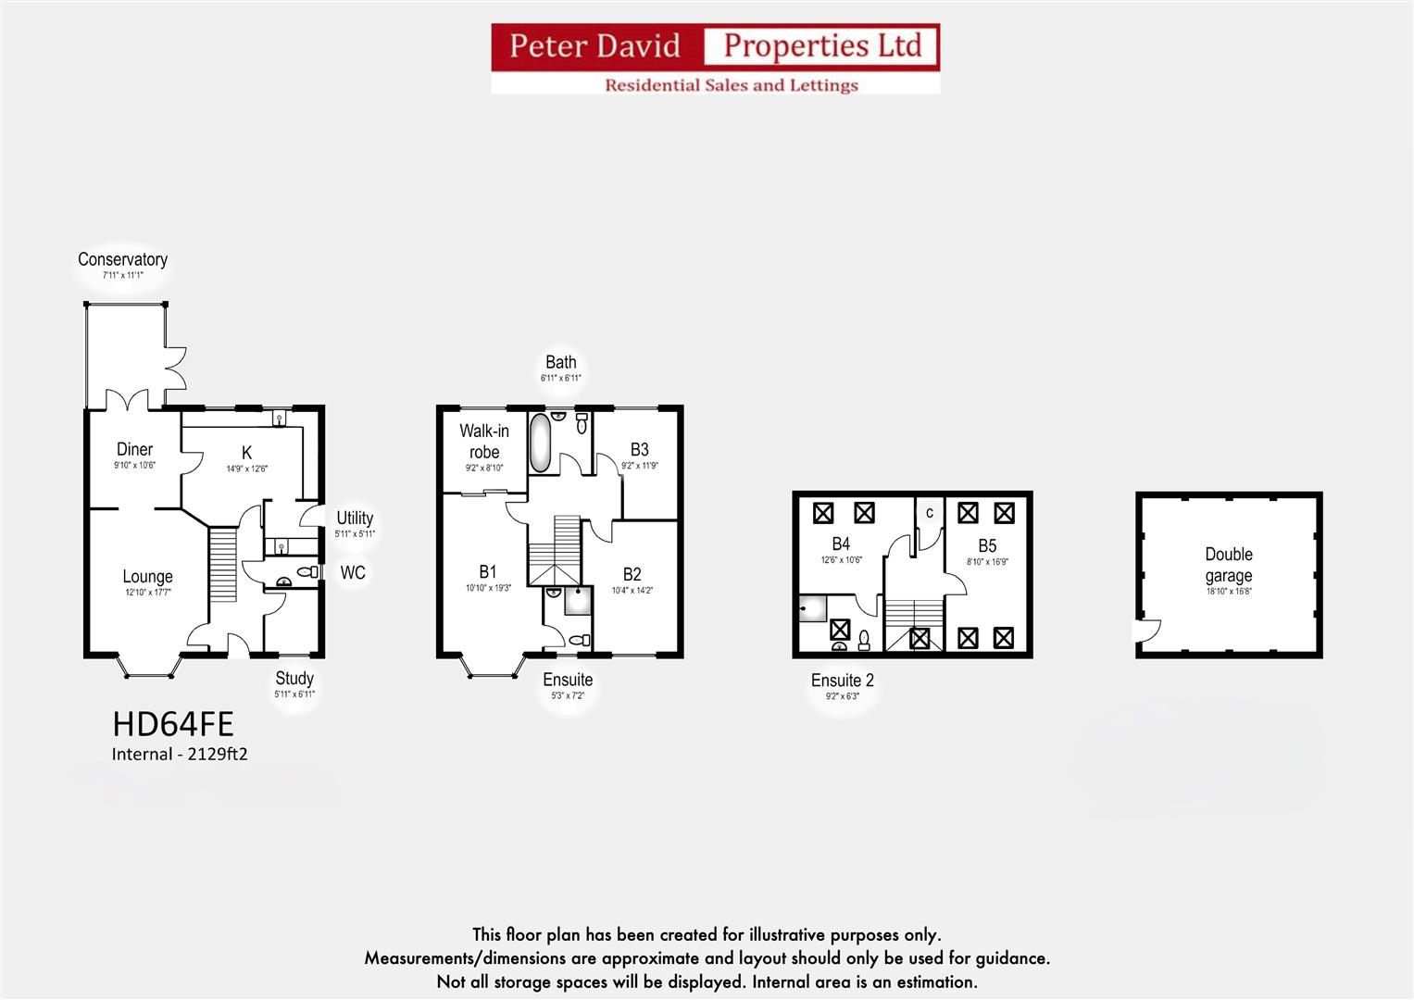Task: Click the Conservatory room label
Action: (122, 259)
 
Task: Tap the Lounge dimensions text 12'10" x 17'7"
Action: (148, 593)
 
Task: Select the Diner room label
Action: (134, 449)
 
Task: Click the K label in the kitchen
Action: (246, 452)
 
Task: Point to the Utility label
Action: (355, 519)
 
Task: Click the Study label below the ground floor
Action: (294, 679)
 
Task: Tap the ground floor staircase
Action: (223, 565)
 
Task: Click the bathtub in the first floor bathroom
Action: (540, 444)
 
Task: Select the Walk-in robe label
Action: (484, 442)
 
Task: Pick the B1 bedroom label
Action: (488, 571)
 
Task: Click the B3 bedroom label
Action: (639, 449)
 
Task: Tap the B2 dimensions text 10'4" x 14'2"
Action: (632, 591)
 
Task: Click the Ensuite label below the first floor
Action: (568, 680)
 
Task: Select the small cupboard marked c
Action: (930, 514)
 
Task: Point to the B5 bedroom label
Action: (987, 545)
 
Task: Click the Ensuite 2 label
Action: (842, 681)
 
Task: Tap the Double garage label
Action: (1229, 565)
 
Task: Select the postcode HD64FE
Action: (173, 723)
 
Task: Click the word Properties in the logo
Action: (822, 45)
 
